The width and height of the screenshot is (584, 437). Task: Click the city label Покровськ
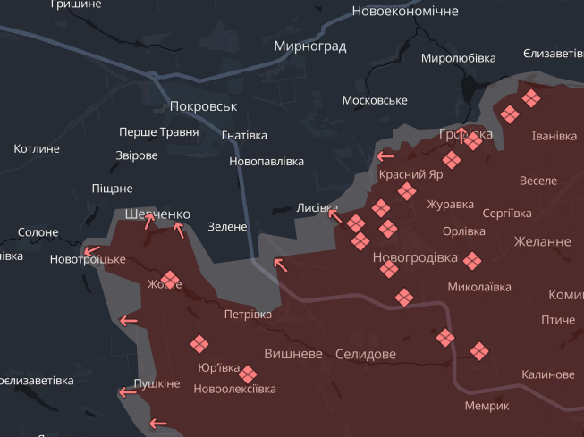[203, 106]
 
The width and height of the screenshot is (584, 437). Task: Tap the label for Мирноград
[310, 46]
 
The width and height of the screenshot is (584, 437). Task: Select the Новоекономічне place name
[405, 11]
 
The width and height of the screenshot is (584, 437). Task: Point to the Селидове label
[365, 354]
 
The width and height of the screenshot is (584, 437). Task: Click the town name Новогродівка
[415, 257]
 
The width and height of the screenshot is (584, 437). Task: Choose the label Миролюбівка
[458, 58]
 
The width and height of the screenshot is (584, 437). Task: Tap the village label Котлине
[37, 148]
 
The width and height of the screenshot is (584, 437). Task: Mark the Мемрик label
[487, 405]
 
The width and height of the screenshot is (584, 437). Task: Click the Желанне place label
[542, 241]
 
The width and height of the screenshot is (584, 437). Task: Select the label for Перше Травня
[159, 132]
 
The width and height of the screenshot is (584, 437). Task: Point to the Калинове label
[548, 374]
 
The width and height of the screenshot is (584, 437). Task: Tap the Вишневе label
[293, 353]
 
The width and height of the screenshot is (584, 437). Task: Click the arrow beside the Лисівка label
[334, 213]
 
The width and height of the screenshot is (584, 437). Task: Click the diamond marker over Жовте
[169, 280]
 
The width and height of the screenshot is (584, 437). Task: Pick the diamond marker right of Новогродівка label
[472, 260]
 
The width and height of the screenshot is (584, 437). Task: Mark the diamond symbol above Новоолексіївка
[248, 374]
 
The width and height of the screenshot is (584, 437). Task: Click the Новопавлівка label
[267, 162]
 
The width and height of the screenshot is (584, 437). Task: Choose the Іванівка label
[554, 136]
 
